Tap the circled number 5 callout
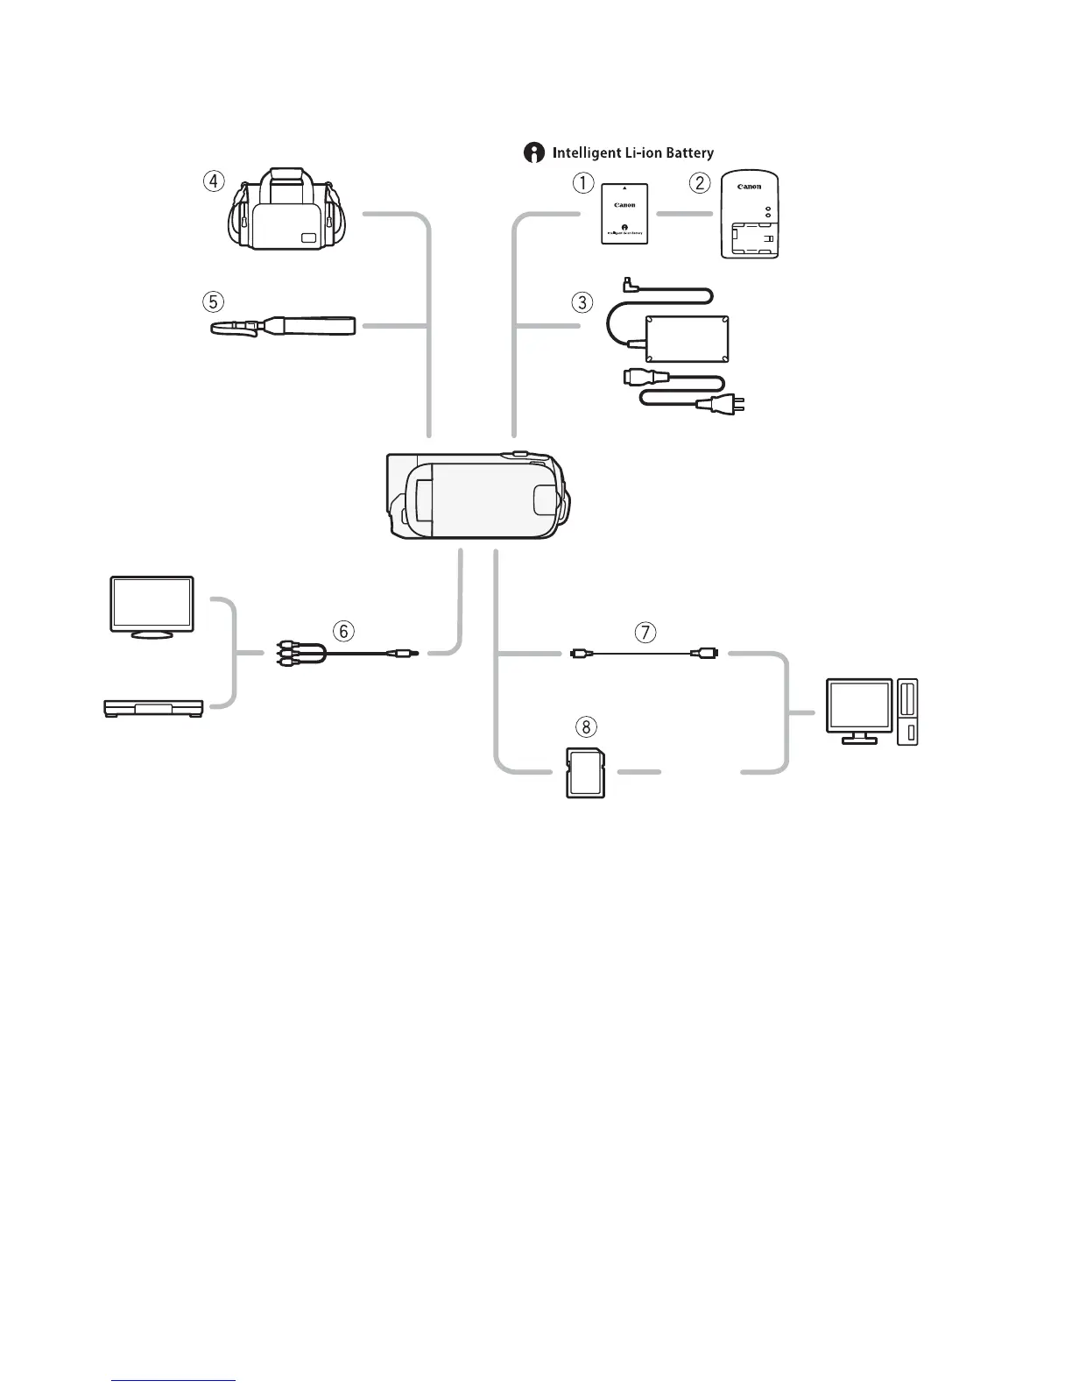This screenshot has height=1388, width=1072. click(213, 301)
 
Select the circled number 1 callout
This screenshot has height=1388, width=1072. click(582, 183)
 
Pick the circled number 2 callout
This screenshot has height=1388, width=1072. click(699, 183)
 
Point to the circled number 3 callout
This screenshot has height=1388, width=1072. click(582, 302)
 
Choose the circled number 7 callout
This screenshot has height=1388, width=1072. click(645, 631)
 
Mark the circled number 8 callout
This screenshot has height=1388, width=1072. click(586, 726)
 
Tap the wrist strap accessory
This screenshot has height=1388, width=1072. click(285, 328)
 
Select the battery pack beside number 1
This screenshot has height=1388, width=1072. click(624, 214)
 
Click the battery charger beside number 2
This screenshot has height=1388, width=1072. click(750, 216)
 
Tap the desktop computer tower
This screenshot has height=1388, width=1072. click(907, 712)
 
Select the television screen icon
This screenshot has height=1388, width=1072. click(152, 605)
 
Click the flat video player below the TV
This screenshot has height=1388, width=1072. click(153, 707)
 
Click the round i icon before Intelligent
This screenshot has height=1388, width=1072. click(533, 153)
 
